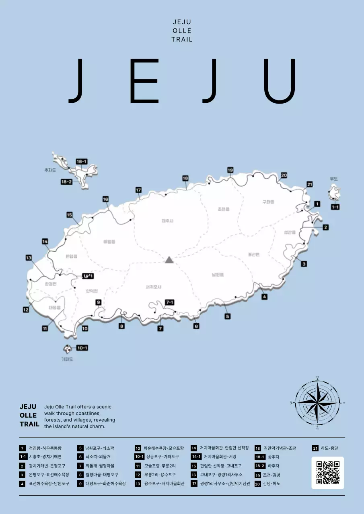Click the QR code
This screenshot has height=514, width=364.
328,473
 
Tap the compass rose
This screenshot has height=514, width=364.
317,402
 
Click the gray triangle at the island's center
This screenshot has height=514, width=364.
169,260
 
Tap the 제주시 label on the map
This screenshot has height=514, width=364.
167,221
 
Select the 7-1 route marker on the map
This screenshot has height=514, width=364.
170,302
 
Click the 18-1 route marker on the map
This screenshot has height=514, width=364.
82,161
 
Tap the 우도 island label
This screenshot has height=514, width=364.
333,179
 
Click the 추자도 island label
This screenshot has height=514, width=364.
50,170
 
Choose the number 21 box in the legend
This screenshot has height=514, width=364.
315,448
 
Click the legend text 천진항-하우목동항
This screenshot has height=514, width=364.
45,448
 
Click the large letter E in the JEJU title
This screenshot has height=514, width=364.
139,81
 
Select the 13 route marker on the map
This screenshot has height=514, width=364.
29,258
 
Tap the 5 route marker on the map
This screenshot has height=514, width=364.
228,316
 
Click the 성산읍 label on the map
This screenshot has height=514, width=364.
290,233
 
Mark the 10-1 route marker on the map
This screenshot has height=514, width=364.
82,348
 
